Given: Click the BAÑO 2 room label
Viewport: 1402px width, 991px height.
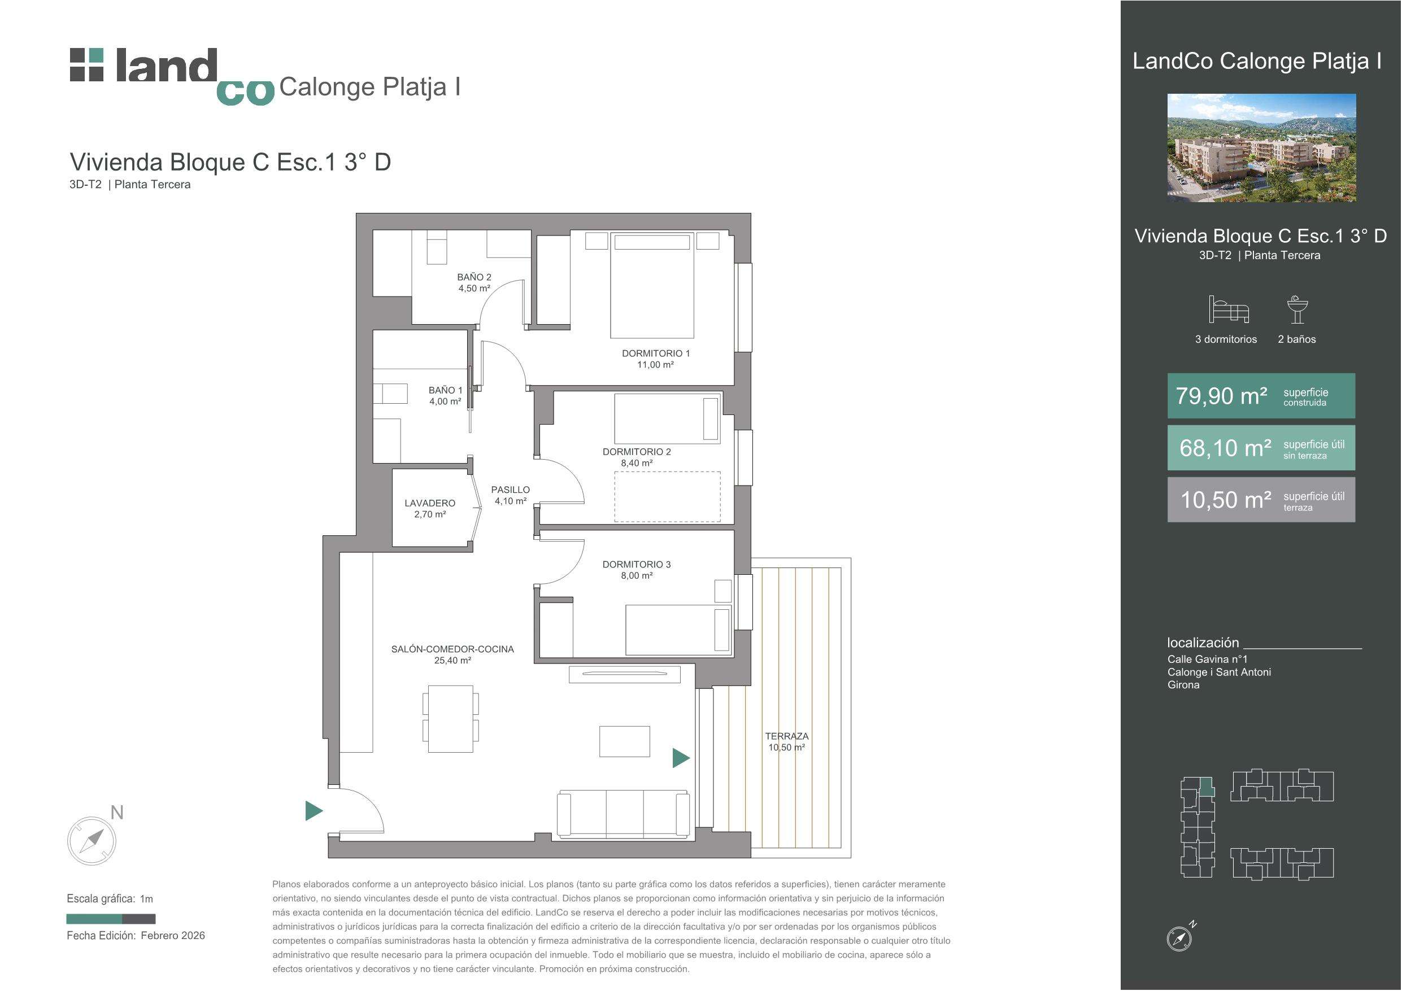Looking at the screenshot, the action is click(x=474, y=283).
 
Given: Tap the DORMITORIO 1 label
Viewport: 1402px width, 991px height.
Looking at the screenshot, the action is click(x=655, y=359).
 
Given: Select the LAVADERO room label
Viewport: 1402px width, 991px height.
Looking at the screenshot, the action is click(x=430, y=509).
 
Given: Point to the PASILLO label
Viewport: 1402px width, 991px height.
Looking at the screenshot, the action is click(x=511, y=495).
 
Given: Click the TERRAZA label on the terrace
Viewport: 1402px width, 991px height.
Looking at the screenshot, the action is click(x=786, y=742).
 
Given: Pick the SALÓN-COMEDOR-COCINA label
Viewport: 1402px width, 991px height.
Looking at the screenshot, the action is click(x=452, y=654).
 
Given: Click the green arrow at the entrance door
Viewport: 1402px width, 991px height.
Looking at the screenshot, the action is click(x=314, y=811).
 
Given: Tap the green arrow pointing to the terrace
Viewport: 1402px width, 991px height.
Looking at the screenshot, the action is click(x=681, y=758).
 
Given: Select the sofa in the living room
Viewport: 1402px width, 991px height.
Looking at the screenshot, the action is click(x=624, y=813).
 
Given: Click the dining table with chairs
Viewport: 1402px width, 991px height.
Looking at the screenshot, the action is click(x=451, y=719).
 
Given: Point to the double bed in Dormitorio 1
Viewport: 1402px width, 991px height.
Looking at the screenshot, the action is click(x=652, y=285).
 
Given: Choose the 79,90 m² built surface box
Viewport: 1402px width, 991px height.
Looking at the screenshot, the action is click(x=1261, y=396).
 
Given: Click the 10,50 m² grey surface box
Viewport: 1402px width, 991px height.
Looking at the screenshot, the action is click(x=1261, y=500).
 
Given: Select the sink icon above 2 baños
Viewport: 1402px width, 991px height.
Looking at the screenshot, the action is click(x=1297, y=309).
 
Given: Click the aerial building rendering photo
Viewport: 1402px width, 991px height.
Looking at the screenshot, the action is click(x=1261, y=148).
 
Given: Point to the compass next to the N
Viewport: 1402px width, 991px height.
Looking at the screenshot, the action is click(x=92, y=841).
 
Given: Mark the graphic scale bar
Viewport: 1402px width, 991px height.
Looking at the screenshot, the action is click(x=111, y=919).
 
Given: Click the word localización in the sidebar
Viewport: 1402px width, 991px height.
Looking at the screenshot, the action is click(x=1203, y=643).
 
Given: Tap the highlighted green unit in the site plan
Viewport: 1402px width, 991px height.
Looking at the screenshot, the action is click(x=1207, y=787).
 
